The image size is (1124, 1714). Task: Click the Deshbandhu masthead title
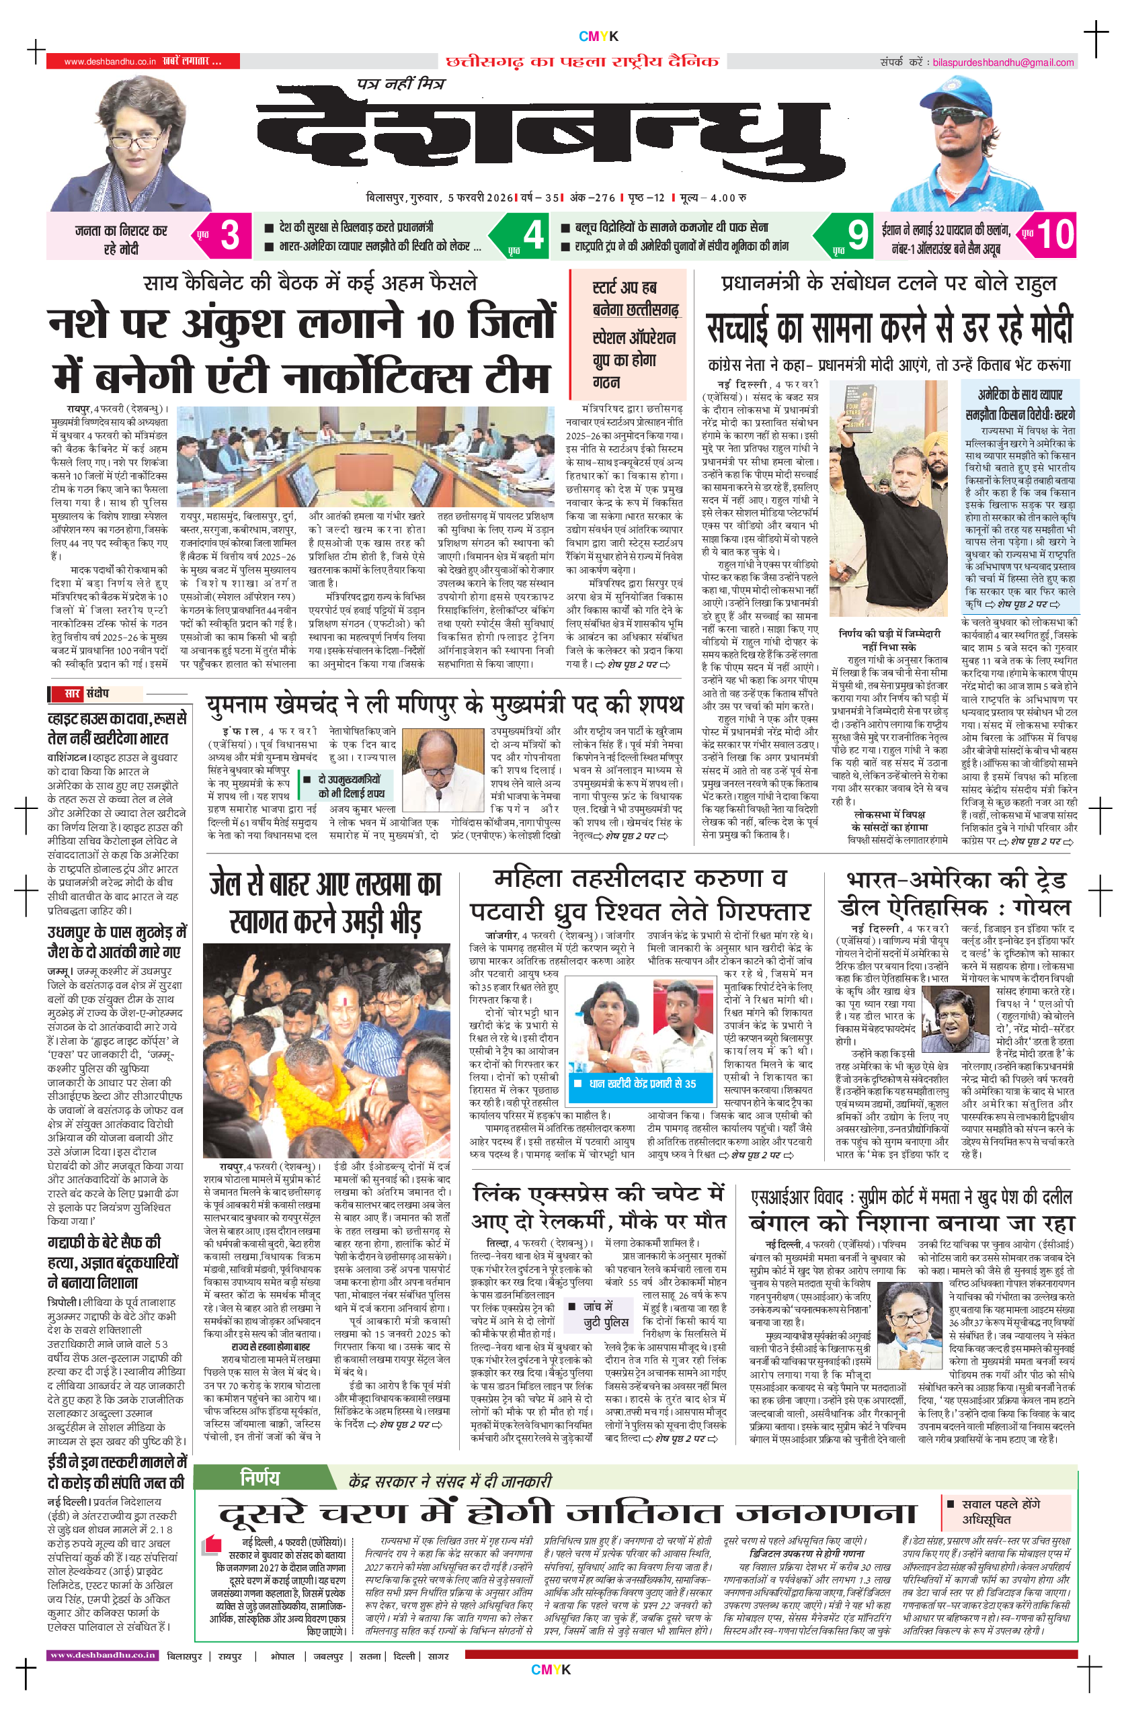point(551,137)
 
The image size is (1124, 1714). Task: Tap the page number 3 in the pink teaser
point(229,234)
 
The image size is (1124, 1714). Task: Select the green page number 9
point(857,234)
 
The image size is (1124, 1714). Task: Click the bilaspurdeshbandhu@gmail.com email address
point(1003,62)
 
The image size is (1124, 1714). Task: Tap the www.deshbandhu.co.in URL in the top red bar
point(110,62)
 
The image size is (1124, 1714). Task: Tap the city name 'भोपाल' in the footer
point(282,1656)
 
